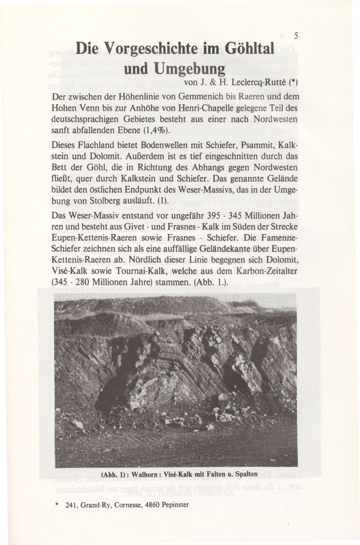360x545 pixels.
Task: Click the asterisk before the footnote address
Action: click(55, 505)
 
